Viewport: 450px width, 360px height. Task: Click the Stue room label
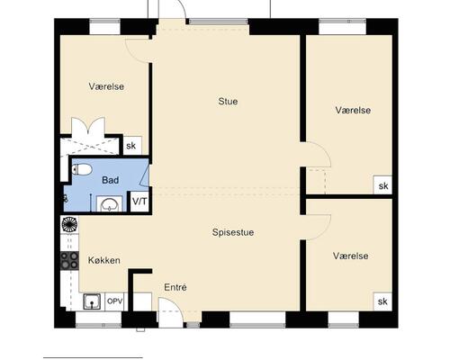pos(228,102)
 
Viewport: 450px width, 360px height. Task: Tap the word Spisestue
pos(233,232)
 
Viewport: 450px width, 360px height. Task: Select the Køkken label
pos(104,260)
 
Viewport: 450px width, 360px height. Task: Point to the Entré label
pos(175,287)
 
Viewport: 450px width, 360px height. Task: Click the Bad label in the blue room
pos(111,180)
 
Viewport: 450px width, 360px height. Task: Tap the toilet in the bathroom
pos(82,170)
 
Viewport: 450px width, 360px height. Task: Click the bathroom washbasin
pos(109,203)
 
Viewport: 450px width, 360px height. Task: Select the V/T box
pos(139,202)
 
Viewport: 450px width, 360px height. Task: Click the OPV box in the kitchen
pos(115,301)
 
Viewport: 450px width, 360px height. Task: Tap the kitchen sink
pos(92,301)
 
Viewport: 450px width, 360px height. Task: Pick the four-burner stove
pos(69,260)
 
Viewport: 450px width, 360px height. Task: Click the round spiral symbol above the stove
pos(69,224)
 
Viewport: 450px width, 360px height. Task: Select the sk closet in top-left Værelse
pos(132,146)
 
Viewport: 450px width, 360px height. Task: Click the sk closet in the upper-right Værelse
pos(383,184)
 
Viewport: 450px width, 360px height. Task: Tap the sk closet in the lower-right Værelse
pos(382,301)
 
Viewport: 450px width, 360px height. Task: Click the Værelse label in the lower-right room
pos(351,256)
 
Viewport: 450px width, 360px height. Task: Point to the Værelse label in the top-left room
pos(106,86)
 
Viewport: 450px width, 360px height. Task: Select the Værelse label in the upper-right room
pos(353,110)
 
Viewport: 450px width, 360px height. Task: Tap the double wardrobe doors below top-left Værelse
pos(88,127)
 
